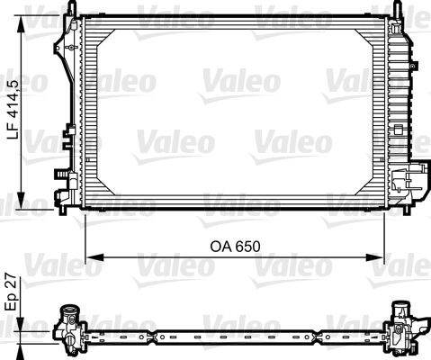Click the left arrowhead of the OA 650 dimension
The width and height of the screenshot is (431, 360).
[91, 258]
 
